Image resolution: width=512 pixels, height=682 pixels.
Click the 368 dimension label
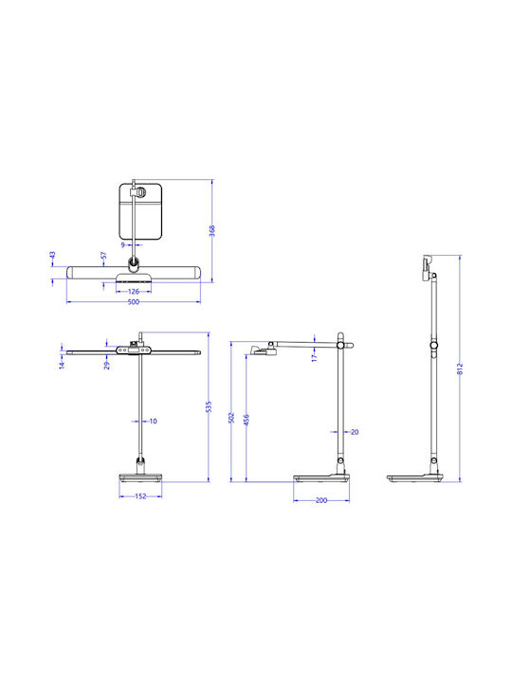(x=212, y=230)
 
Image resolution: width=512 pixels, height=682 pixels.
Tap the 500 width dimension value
(x=134, y=302)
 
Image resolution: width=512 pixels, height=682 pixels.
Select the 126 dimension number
(x=134, y=292)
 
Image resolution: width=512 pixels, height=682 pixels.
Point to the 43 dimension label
(x=53, y=255)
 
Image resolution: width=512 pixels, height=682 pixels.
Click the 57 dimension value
(x=103, y=256)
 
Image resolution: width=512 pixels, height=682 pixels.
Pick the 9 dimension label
(x=123, y=245)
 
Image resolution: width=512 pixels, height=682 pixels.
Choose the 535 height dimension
(x=209, y=406)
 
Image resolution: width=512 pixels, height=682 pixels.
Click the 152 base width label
(x=140, y=496)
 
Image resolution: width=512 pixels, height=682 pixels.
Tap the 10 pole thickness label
(x=153, y=421)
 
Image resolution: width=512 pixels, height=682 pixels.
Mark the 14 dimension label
(x=62, y=366)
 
